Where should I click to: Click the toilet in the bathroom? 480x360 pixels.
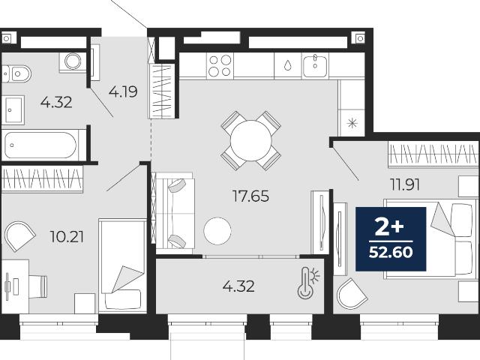pos(16,73)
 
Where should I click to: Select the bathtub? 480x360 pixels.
pos(40,145)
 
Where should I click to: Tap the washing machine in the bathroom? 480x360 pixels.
pos(73,62)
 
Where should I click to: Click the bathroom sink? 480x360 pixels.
pos(13,110)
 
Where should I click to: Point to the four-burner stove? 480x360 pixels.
pos(220,66)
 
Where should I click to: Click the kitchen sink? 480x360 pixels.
pos(315,66)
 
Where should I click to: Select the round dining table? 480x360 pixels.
pos(251,140)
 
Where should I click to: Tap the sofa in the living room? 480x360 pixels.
pos(175,213)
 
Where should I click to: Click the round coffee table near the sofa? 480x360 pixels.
pos(217,231)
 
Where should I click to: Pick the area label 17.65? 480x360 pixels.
pos(250,196)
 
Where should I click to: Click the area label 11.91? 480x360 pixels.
pos(404,184)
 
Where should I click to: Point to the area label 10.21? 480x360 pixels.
pos(67,237)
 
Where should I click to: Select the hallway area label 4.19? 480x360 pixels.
pos(123,91)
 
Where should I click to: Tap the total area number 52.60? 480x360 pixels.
pos(391,252)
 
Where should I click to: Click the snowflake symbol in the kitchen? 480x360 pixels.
pos(352,123)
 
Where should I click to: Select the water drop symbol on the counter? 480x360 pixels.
pos(288,65)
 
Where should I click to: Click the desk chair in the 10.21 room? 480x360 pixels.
pos(38,286)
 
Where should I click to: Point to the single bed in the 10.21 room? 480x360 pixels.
pos(122,265)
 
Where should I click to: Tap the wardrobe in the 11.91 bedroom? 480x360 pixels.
pos(433,154)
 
